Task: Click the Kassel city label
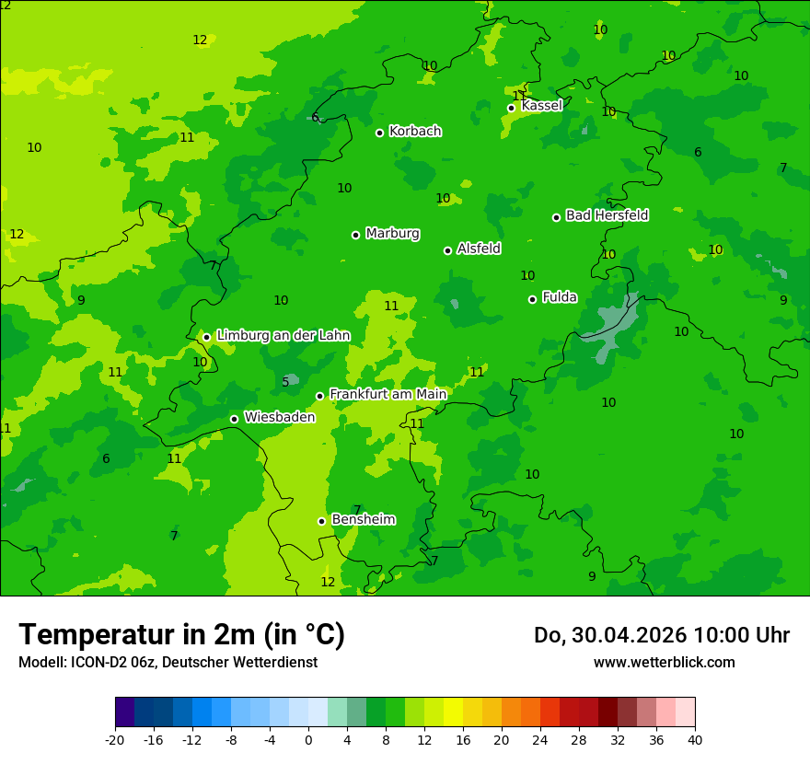[x=541, y=106]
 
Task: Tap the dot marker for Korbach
[x=379, y=133]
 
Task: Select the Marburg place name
[x=392, y=234]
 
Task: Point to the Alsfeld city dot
[x=447, y=250]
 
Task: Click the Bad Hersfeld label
[x=607, y=215]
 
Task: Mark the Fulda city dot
[x=532, y=299]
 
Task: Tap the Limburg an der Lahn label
[x=283, y=335]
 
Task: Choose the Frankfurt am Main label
[x=388, y=394]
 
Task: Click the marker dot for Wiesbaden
[x=234, y=419]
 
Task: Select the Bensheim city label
[x=363, y=519]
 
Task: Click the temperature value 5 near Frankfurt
[x=285, y=382]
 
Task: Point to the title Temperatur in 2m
[x=181, y=634]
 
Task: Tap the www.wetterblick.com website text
[x=664, y=662]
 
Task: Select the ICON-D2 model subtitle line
[x=168, y=662]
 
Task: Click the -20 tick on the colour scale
[x=115, y=739]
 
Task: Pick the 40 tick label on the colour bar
[x=695, y=739]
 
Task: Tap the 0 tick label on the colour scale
[x=308, y=739]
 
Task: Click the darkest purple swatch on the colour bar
[x=124, y=712]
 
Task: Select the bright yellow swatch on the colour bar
[x=453, y=712]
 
